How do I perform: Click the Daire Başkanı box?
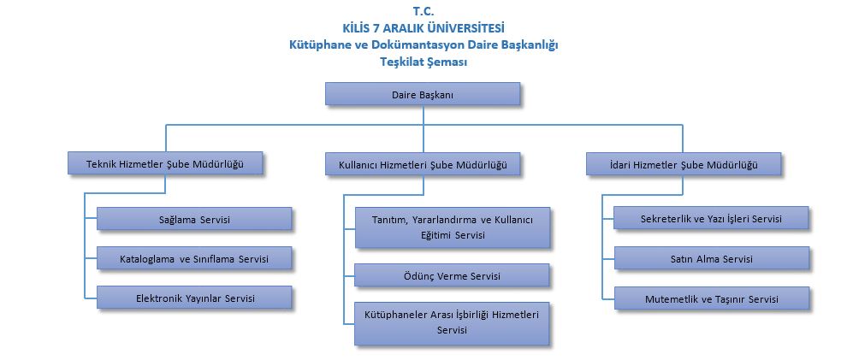pos(423,94)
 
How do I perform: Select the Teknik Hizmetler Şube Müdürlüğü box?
pos(165,164)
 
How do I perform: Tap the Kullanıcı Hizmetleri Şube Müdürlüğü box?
pos(423,164)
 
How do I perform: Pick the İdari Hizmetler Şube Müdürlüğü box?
pos(684,164)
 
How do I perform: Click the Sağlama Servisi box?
pos(195,219)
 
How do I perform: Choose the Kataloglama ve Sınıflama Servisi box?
pos(195,258)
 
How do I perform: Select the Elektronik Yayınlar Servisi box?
pos(195,298)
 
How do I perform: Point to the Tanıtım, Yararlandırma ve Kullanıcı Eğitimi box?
pos(453,227)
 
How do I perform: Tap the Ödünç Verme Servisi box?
pos(453,275)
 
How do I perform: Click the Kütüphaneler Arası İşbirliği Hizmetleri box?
pos(453,323)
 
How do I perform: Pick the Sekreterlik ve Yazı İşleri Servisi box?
pos(712,218)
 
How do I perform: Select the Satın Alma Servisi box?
pos(712,258)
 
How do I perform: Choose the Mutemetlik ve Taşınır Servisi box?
pos(712,298)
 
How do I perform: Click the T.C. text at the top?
pos(423,11)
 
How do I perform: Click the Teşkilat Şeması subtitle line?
pos(423,62)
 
